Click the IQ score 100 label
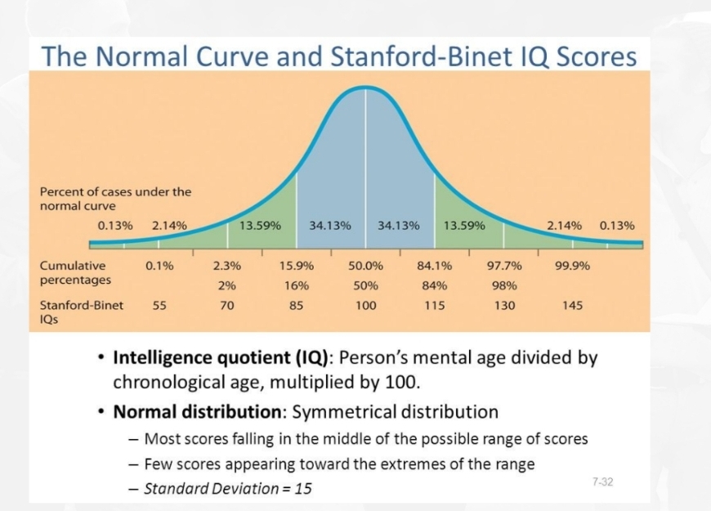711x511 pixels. (365, 306)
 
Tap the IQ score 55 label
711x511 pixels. (159, 306)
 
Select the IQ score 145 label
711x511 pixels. (572, 306)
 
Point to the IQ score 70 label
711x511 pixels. (227, 306)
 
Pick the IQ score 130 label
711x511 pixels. (504, 306)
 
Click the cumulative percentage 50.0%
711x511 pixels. (365, 266)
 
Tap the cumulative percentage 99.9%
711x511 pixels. (572, 266)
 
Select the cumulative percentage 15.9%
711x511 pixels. (297, 266)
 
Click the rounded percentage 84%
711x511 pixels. (434, 285)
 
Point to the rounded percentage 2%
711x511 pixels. (227, 285)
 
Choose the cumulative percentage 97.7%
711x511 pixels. (504, 266)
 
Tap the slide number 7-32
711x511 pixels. (601, 482)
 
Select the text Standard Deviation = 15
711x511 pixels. (227, 489)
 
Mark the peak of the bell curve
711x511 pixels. (366, 87)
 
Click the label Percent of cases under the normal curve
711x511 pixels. (115, 199)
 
